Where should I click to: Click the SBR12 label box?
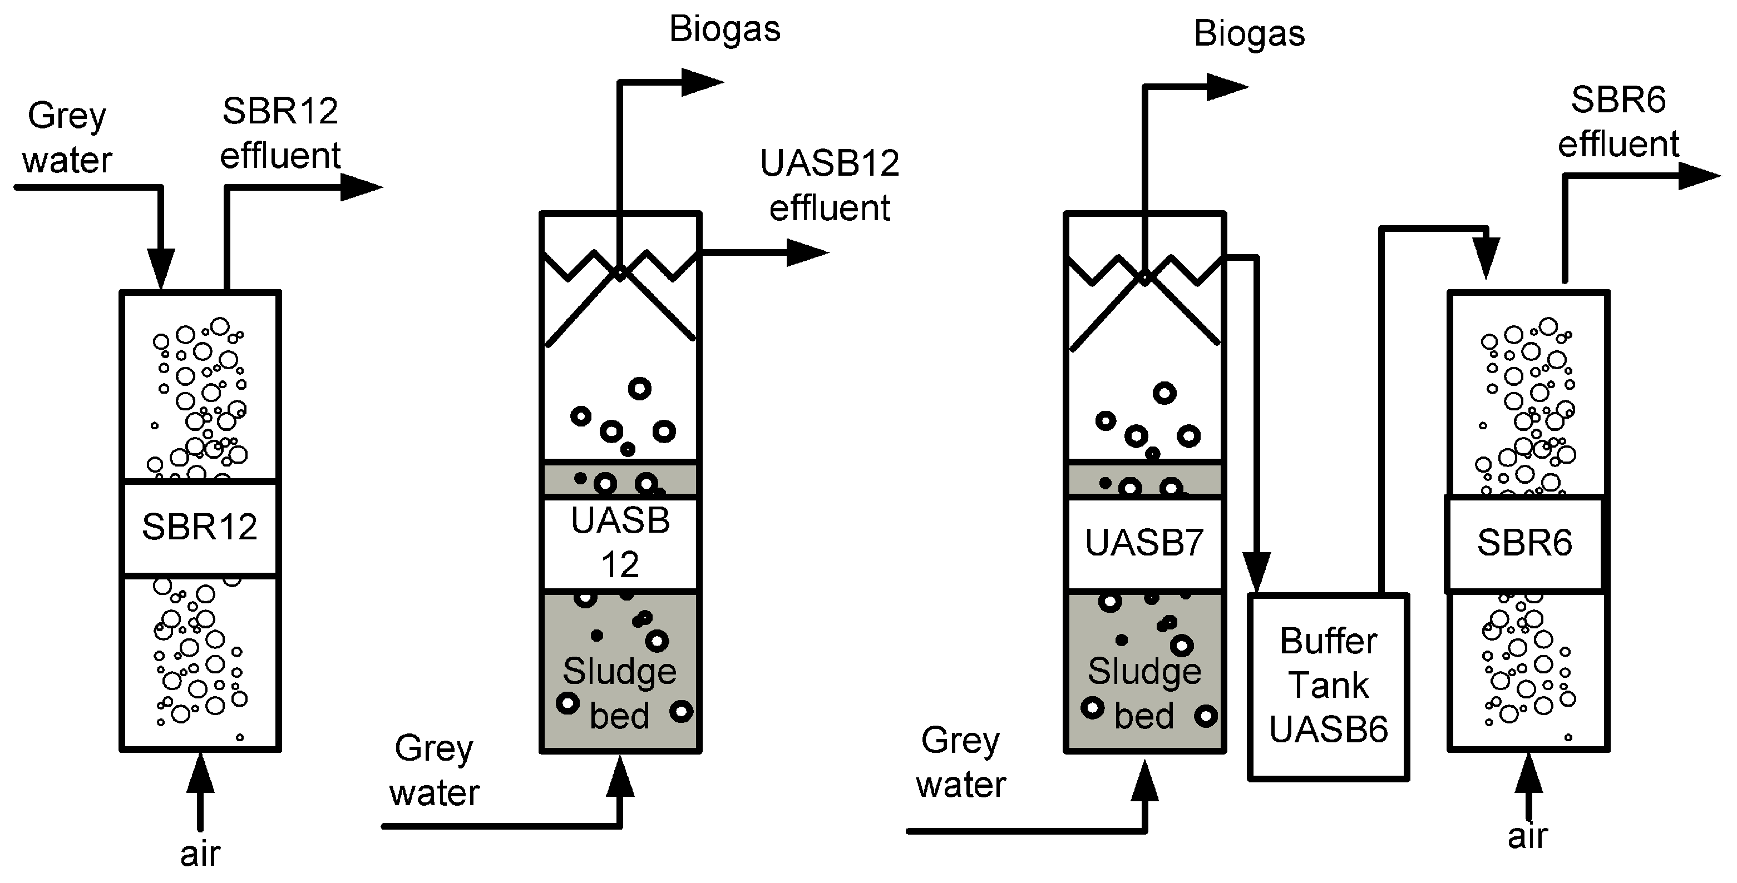pos(200,528)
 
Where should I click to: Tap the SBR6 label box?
pos(1524,543)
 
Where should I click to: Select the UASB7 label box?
pos(1144,543)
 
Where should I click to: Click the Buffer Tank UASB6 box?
pos(1329,686)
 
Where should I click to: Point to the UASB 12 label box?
pos(620,543)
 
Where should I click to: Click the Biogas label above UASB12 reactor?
pos(724,29)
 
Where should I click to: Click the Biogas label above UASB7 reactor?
pos(1249,34)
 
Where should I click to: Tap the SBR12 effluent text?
pos(280,133)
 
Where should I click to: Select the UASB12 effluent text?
pos(830,185)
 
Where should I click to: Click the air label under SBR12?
pos(200,854)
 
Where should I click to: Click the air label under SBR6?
pos(1527,836)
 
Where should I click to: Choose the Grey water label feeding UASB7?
pos(961,763)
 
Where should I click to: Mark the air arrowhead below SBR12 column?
pos(200,774)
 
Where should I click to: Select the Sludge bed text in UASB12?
pos(619,693)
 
